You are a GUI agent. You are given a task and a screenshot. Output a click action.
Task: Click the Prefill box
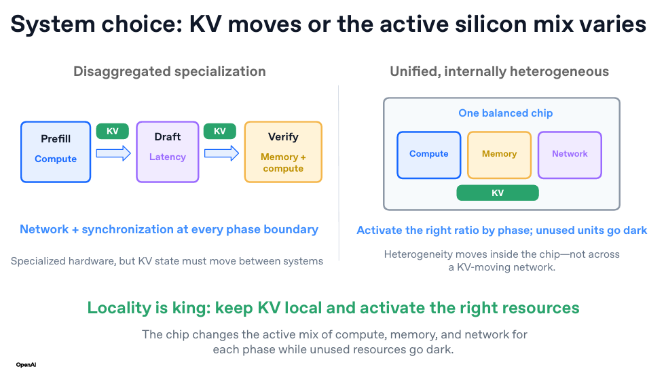(x=56, y=152)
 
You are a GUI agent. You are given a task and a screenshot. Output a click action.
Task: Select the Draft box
(x=168, y=152)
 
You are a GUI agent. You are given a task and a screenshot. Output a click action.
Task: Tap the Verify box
(x=283, y=152)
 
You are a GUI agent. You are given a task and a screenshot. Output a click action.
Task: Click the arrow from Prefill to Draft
(x=113, y=153)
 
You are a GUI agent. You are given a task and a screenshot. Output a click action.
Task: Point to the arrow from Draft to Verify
(x=221, y=153)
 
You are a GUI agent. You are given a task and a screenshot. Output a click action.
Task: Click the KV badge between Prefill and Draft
(x=113, y=131)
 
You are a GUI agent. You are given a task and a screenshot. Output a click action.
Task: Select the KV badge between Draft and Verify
(x=219, y=131)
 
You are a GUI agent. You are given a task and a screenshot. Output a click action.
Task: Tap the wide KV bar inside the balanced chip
(x=498, y=193)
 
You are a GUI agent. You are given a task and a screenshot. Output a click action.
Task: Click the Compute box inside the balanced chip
(x=429, y=155)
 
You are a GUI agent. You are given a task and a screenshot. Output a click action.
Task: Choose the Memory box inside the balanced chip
(x=500, y=155)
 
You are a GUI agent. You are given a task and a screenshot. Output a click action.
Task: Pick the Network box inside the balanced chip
(x=570, y=155)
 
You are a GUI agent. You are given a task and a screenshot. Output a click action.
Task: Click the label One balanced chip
(x=506, y=113)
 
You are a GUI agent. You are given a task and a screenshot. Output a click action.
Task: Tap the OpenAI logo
(x=26, y=364)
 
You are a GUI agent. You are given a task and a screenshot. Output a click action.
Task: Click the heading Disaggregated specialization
(x=170, y=71)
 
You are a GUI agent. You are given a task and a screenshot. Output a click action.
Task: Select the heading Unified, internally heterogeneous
(x=500, y=71)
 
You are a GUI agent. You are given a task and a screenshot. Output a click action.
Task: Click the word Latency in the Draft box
(x=168, y=157)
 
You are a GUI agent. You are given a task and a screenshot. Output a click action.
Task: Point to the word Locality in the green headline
(x=119, y=308)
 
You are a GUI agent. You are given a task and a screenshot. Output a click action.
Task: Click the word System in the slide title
(x=53, y=24)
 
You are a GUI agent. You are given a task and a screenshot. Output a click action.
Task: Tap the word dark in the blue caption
(x=635, y=230)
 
